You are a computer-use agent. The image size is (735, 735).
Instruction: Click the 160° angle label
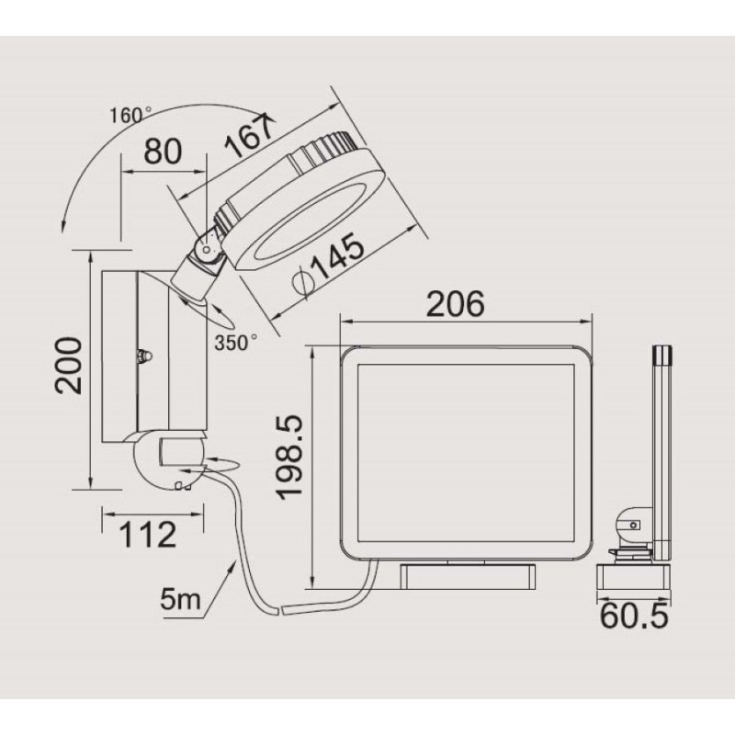130,116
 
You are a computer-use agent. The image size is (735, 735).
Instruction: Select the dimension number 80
163,152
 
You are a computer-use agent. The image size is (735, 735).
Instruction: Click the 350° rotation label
236,343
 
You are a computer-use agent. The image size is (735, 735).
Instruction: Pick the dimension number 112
148,535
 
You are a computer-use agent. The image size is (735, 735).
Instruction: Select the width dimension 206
455,304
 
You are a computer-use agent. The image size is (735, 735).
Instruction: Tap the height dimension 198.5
288,458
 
